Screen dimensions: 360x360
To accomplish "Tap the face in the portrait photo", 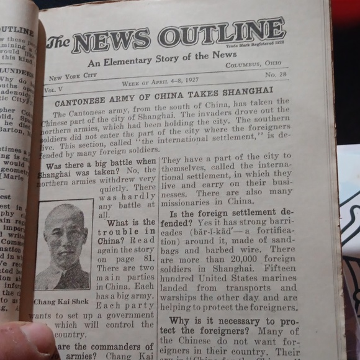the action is point(65,234).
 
